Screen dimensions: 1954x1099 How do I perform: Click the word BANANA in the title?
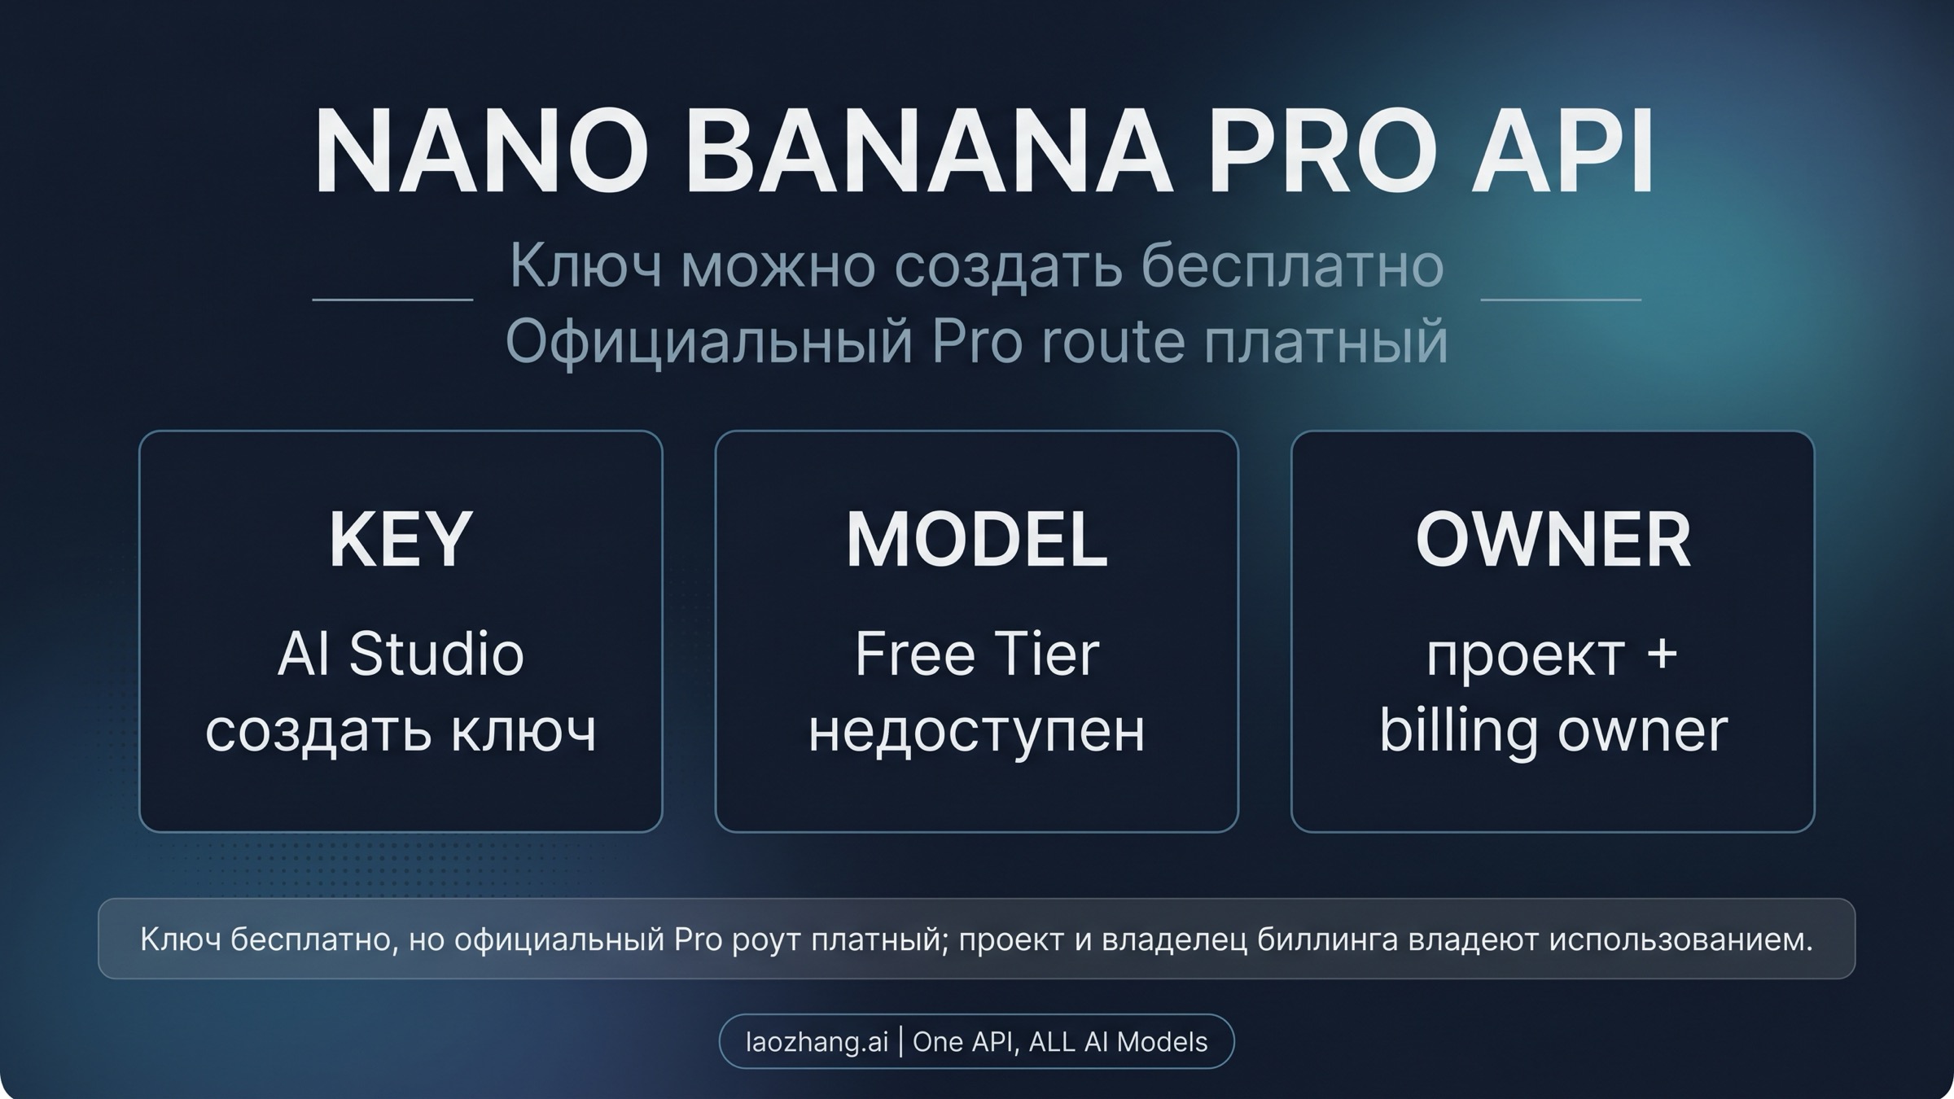coord(929,151)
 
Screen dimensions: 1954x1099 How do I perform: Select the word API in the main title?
coord(1562,151)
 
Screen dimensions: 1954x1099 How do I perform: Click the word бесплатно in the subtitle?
coord(1293,265)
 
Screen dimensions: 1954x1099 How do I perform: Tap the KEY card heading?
coord(401,539)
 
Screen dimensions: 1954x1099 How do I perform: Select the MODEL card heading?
coord(977,539)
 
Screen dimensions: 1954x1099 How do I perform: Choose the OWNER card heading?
coord(1553,539)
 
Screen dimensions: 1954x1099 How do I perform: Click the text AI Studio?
coord(401,654)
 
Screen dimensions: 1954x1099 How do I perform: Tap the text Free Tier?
coord(977,654)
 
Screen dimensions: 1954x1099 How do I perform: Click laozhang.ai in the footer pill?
coord(817,1042)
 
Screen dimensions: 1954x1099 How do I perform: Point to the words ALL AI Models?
coord(1118,1042)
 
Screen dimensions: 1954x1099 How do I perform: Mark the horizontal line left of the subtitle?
coord(392,300)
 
